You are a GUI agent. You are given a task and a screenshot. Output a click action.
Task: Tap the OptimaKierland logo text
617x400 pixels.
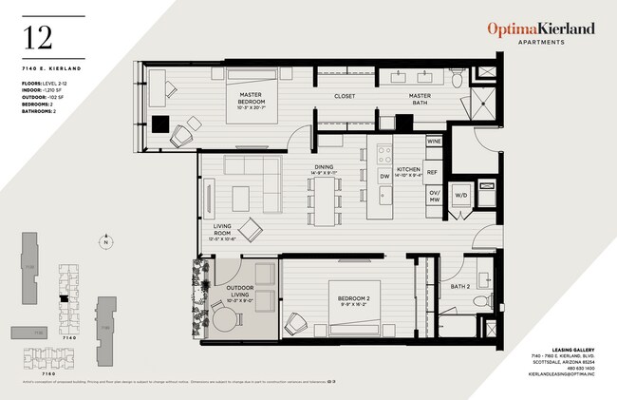point(541,29)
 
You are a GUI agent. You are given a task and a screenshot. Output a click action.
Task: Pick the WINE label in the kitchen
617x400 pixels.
point(434,141)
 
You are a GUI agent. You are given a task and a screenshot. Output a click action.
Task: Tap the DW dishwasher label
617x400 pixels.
point(384,176)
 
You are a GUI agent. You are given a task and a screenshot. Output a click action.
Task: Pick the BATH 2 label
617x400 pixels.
point(461,286)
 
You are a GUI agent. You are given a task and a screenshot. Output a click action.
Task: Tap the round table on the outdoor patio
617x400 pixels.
point(227,319)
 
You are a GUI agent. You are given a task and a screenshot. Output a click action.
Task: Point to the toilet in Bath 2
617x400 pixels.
point(480,301)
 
